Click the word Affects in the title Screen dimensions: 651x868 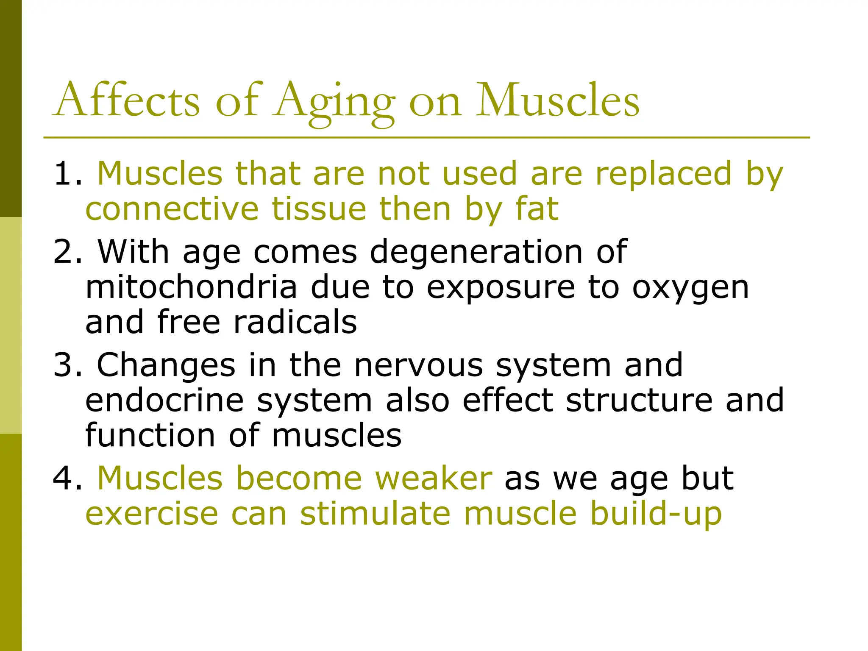[x=127, y=101]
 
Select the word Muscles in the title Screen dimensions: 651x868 [x=557, y=101]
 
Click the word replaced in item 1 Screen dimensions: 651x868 [x=664, y=173]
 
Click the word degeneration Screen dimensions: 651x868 [x=476, y=253]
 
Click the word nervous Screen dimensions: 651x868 [x=418, y=365]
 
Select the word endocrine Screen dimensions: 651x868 [x=164, y=400]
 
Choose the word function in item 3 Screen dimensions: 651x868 [x=150, y=435]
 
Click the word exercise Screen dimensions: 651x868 [x=152, y=513]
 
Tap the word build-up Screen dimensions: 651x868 [x=656, y=514]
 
